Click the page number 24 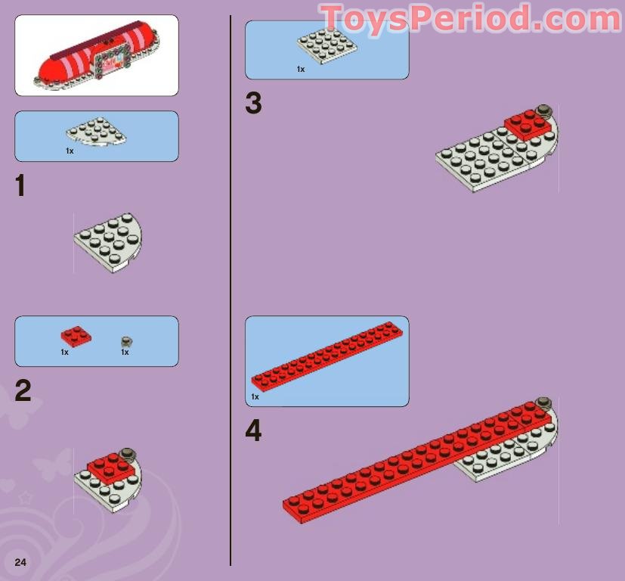20,561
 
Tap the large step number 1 20,186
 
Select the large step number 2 23,391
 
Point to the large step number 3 253,104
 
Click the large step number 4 253,431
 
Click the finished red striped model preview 96,56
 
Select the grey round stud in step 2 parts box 126,342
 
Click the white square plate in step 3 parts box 327,47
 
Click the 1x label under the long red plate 255,396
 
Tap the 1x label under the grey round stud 125,353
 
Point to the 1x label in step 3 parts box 300,69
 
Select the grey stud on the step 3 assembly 542,111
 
